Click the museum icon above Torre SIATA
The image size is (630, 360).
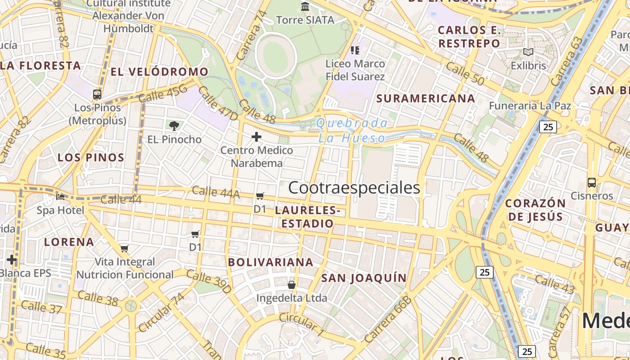coord(306,6)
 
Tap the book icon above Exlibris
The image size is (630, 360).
coord(528,52)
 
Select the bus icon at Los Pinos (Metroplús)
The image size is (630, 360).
coord(97,94)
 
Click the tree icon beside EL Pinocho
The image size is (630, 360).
coord(174,126)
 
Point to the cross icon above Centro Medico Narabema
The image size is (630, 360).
coord(256,136)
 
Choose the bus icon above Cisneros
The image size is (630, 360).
coord(592,183)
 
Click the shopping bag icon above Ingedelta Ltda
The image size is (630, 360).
coord(292,285)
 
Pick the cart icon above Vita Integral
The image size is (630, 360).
coord(125,248)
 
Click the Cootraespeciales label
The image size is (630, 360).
coord(354,188)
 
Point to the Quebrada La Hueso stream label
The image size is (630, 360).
coord(352,130)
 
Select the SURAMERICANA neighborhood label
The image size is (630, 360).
coord(425,99)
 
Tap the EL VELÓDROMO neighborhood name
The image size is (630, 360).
coord(159,72)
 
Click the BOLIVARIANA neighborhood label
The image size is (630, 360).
coord(270,262)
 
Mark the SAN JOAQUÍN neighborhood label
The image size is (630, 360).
coord(364,278)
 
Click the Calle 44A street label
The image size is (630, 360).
coord(216,192)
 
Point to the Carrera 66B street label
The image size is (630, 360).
coord(388,319)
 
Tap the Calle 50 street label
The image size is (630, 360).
coord(465,73)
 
